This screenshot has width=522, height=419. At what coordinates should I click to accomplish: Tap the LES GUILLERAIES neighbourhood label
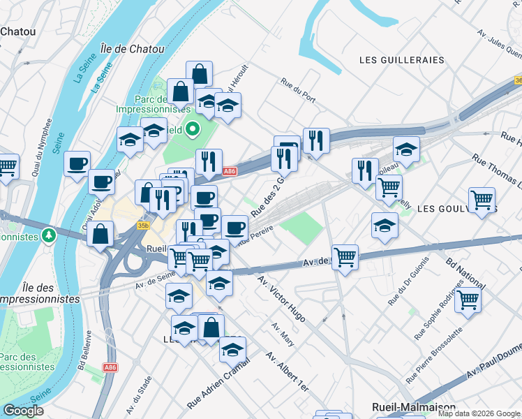[401, 60]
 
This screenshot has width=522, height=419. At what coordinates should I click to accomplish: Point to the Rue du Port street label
[298, 90]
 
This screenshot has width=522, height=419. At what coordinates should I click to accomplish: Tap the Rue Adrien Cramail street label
[218, 392]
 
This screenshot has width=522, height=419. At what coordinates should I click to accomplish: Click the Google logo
[23, 410]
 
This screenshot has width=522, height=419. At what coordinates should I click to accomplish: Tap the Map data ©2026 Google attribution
[479, 413]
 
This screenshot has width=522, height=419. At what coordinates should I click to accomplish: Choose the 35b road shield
[143, 226]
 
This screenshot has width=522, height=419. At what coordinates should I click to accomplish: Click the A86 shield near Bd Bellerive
[110, 367]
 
